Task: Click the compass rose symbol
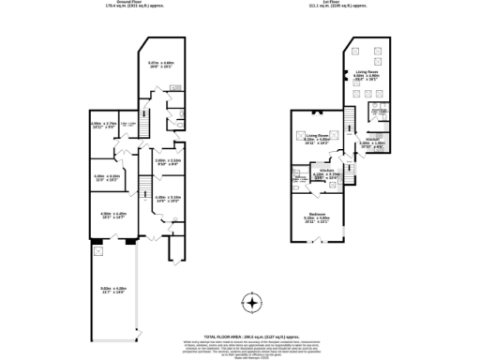pyautogui.click(x=251, y=303)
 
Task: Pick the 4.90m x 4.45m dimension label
pyautogui.click(x=112, y=215)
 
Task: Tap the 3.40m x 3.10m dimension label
pyautogui.click(x=106, y=177)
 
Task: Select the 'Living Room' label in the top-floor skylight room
pyautogui.click(x=366, y=71)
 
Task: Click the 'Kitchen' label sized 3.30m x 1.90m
pyautogui.click(x=373, y=140)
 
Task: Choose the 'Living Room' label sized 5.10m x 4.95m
pyautogui.click(x=318, y=135)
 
